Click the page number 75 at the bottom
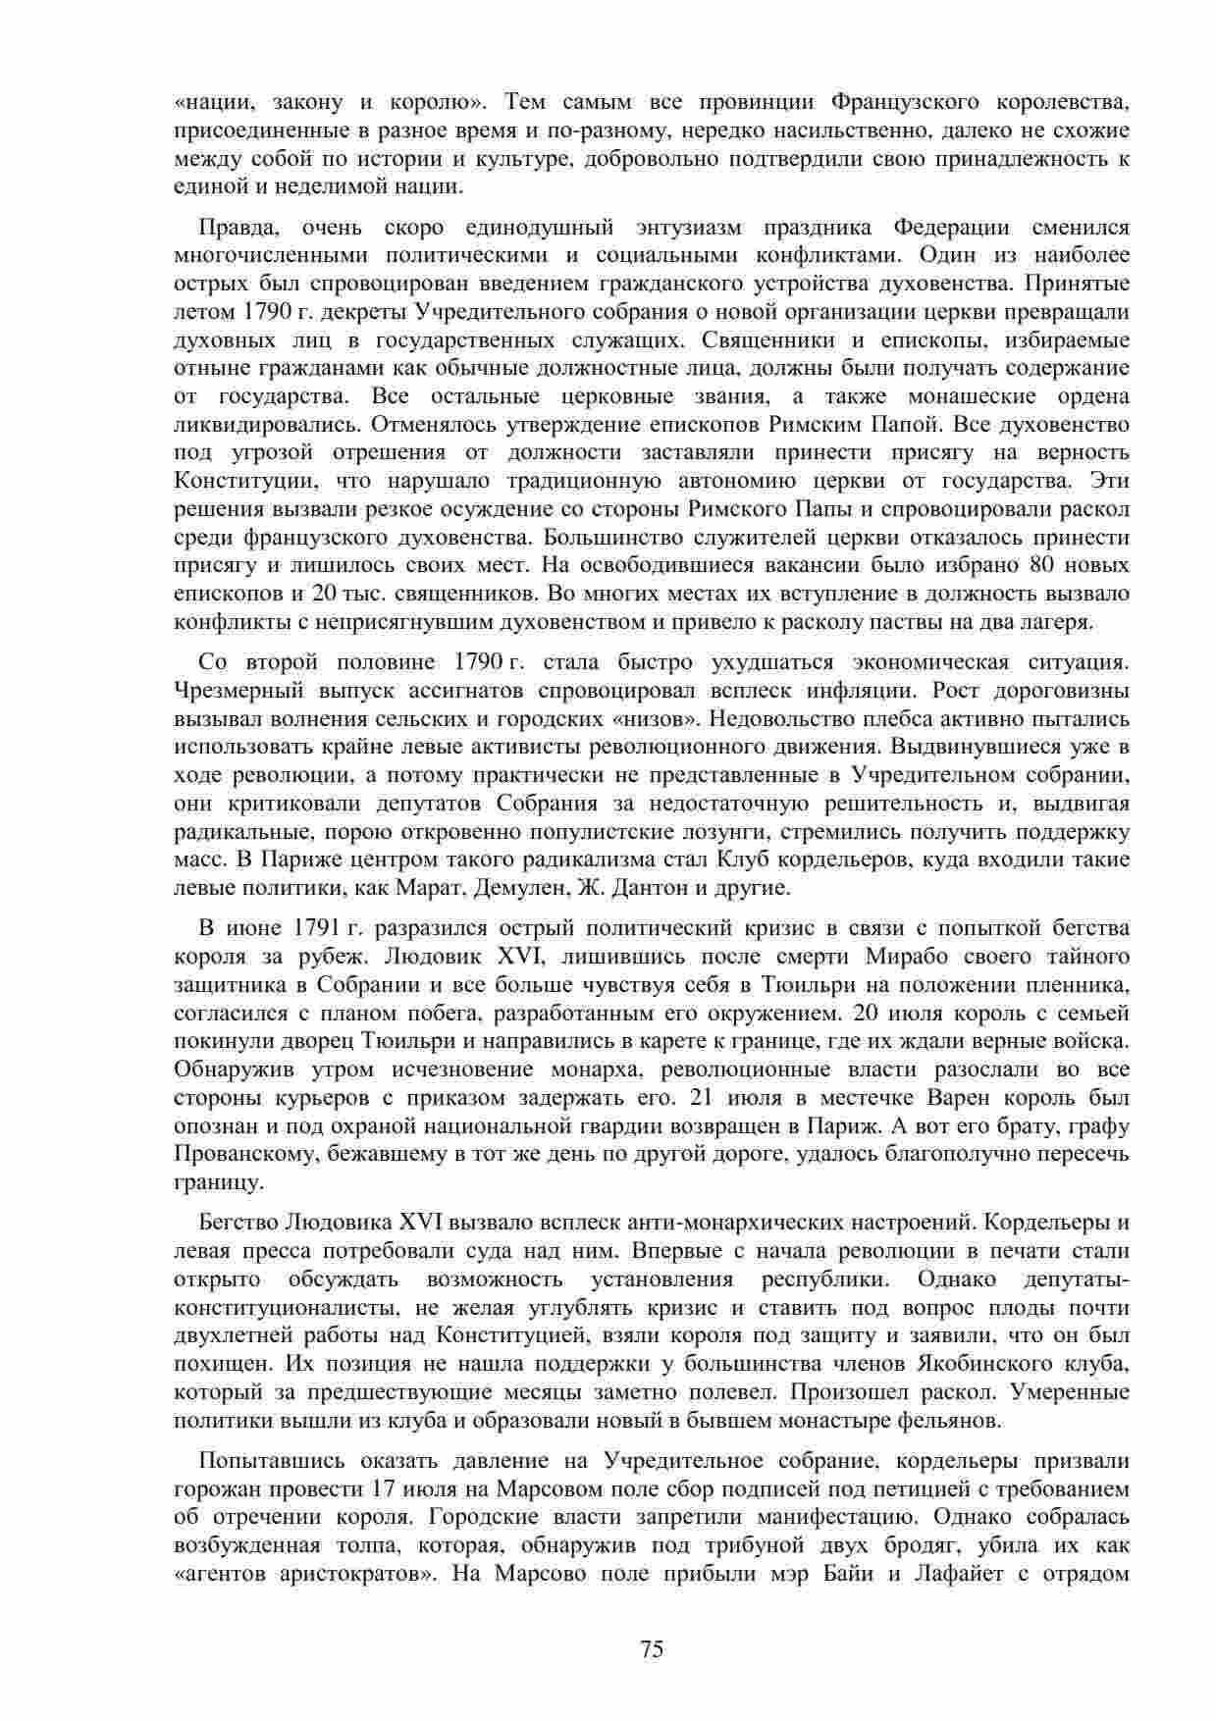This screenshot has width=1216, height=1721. coord(652,1649)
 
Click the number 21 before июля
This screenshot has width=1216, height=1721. coord(704,1097)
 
